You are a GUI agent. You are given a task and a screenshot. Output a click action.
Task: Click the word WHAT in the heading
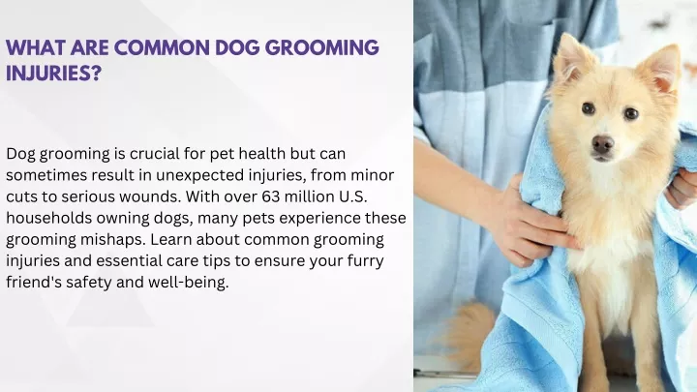pos(36,47)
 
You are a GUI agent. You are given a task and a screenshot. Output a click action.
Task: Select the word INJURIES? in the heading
pos(54,74)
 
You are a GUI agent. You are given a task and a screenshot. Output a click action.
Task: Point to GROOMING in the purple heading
pos(319,47)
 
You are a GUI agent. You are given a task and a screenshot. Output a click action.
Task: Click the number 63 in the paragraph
pos(271,196)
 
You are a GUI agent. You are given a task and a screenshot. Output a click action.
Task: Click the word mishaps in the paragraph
pos(113,240)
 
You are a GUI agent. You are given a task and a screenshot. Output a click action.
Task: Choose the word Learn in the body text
pos(171,240)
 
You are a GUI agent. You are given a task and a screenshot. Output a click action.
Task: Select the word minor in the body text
pos(373,175)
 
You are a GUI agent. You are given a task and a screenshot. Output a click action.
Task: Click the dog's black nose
pos(603,144)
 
